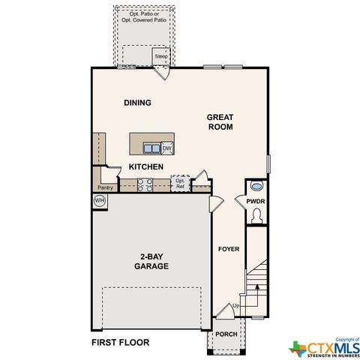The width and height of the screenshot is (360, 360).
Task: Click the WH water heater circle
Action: point(100,200)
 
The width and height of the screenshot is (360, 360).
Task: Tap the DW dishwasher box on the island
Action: point(167,148)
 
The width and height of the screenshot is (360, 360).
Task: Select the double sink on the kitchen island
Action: point(151,148)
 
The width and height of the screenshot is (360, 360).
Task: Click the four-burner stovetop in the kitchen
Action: point(145,184)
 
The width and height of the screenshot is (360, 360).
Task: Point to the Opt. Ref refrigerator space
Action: point(180,183)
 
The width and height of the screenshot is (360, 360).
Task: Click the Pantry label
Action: point(105,187)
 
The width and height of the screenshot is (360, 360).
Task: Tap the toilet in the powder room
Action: point(256,216)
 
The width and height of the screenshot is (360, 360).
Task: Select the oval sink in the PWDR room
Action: point(256,186)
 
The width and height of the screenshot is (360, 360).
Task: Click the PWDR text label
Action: point(256,201)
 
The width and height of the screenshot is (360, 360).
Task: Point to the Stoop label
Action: point(161,56)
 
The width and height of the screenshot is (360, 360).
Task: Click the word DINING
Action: point(137,103)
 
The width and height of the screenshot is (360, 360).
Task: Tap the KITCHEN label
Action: point(146,166)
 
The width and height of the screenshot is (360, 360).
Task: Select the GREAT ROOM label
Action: point(220,121)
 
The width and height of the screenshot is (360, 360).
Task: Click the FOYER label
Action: point(229,249)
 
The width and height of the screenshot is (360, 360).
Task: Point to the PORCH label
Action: point(226,334)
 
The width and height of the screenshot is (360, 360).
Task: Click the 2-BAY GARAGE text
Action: point(151,261)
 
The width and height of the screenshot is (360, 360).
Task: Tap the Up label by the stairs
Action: point(236,306)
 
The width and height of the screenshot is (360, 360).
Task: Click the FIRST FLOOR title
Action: point(121,342)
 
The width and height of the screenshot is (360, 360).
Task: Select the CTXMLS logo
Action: point(324,348)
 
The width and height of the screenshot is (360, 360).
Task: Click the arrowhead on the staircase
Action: point(257,286)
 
